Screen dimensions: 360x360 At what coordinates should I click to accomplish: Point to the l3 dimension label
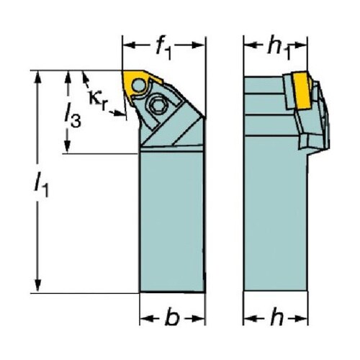73,114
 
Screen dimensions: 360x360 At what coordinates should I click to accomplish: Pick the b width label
172,318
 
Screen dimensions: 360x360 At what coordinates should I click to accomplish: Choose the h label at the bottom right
276,318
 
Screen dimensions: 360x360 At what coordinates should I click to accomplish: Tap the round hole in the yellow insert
138,86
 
